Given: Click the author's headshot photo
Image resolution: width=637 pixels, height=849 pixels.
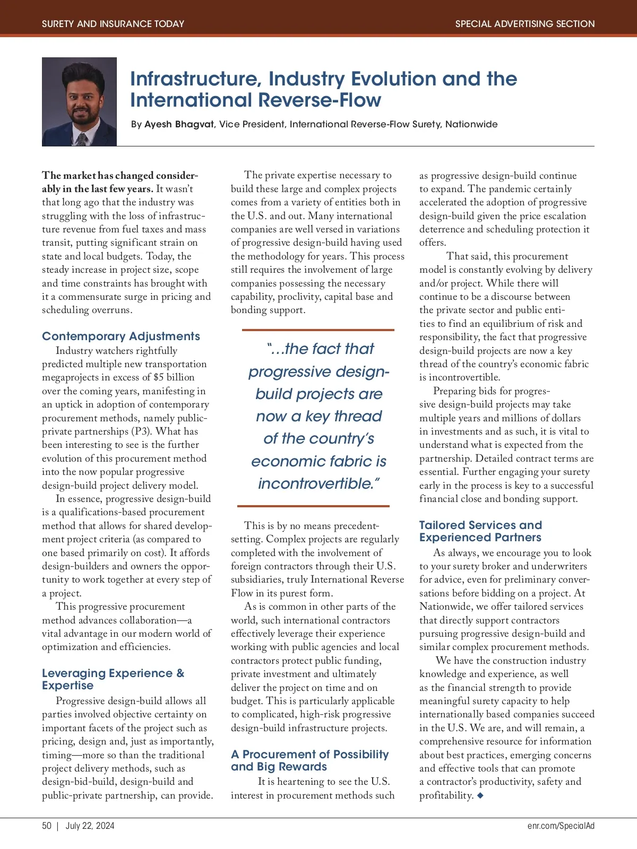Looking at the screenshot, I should (79, 102).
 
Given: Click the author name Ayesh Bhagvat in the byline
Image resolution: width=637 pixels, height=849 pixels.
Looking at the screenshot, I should (179, 124).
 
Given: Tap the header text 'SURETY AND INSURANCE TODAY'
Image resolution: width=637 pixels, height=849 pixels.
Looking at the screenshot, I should (113, 24).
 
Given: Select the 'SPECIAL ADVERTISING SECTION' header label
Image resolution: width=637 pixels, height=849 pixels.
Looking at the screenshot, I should (524, 24).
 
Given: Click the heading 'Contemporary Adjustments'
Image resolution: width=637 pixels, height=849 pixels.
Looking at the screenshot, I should (121, 336).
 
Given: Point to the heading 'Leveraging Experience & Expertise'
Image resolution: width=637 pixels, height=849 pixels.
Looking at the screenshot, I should (113, 679).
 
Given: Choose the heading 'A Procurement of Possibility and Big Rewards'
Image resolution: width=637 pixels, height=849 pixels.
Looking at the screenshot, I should (309, 760).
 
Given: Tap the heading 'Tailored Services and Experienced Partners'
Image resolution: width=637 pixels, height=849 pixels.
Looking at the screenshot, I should (480, 531).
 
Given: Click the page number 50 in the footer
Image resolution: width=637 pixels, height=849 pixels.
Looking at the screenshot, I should (47, 826).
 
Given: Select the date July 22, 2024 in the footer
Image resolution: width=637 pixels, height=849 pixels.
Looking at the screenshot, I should (90, 826).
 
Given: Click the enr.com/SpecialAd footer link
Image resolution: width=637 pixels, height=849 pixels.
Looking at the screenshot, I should (561, 826).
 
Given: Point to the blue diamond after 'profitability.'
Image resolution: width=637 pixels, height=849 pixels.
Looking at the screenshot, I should (480, 795).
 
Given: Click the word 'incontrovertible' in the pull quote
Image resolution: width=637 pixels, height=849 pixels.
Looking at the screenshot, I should (316, 484).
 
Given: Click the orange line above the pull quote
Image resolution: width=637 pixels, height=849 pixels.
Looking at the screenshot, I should (318, 330).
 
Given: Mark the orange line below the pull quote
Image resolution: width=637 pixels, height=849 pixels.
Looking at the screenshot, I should (313, 506).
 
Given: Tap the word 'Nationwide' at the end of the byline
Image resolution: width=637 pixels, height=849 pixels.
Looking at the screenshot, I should (471, 124).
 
